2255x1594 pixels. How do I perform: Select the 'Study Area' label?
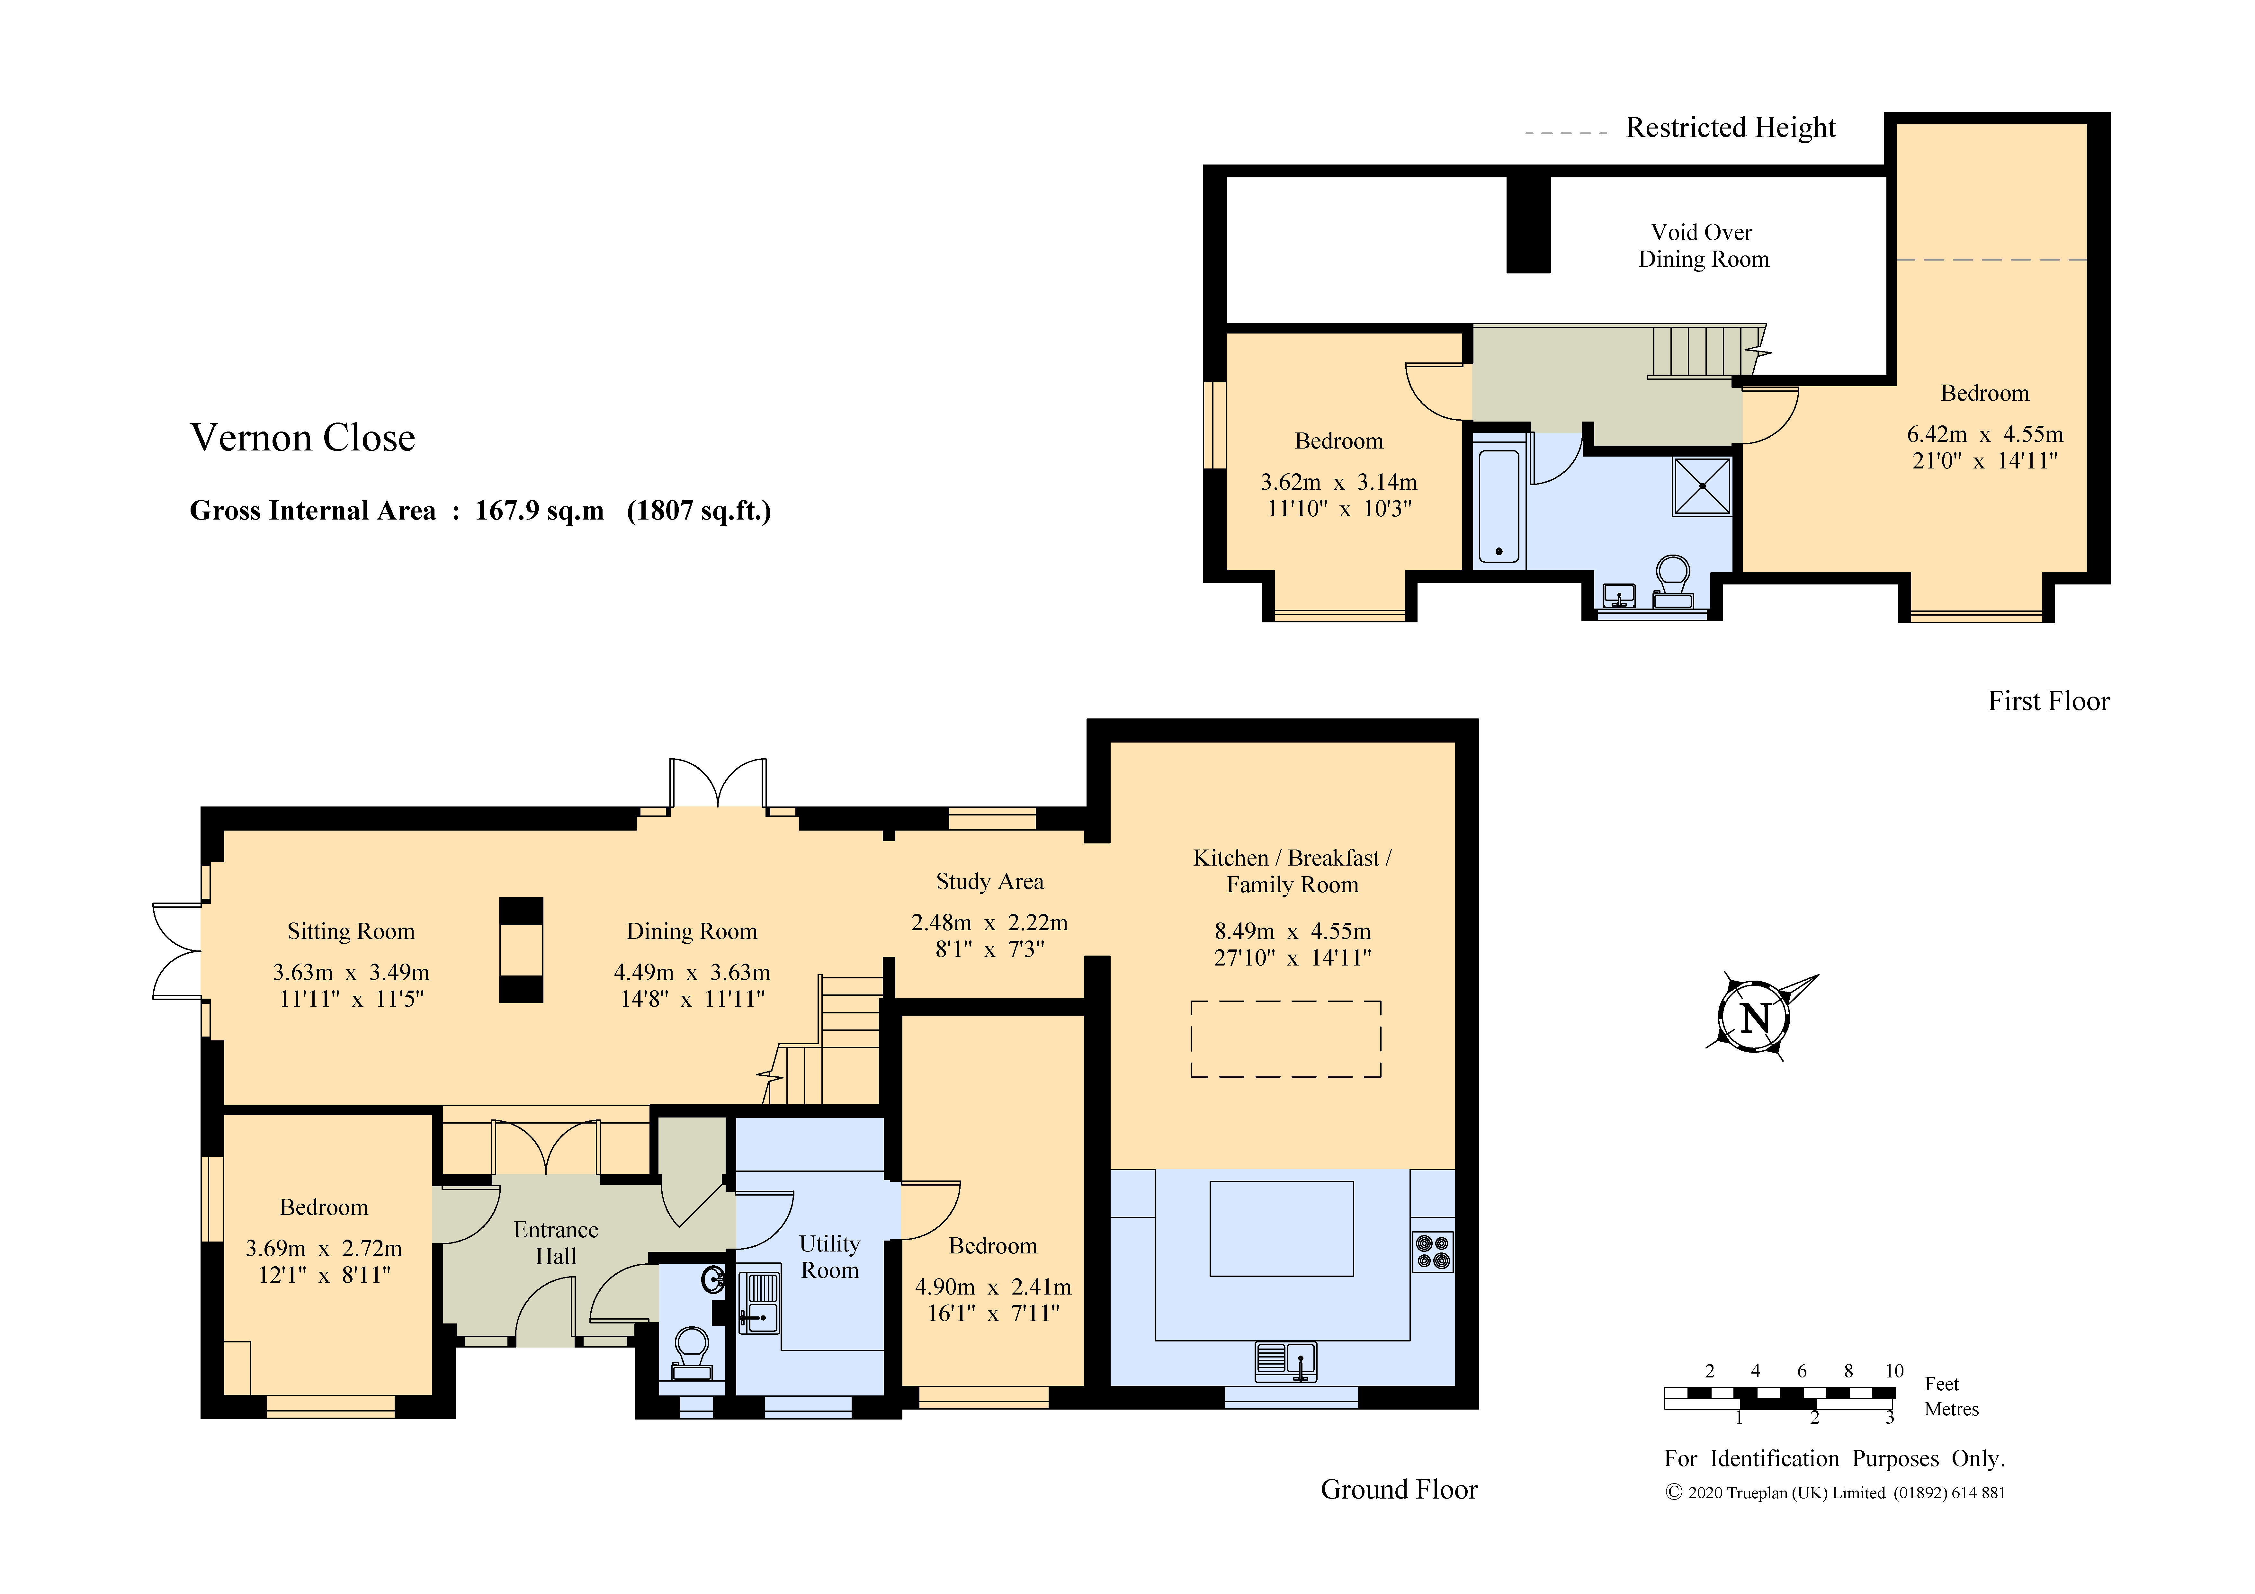(x=989, y=882)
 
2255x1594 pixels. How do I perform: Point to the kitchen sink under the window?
(x=1286, y=1361)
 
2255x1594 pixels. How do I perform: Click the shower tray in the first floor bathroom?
(x=1702, y=486)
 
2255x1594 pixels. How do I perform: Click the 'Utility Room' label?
(x=830, y=1257)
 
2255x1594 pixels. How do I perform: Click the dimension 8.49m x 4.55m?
(x=1293, y=931)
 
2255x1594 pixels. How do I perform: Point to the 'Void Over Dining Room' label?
(x=1703, y=245)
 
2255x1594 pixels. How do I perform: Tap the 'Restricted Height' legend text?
(x=1731, y=128)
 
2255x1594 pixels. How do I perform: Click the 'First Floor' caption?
(x=2049, y=701)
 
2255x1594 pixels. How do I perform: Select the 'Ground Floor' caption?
(x=1399, y=1490)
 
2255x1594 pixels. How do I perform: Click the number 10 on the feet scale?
(x=1894, y=1371)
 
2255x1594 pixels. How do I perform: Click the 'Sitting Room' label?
(x=351, y=932)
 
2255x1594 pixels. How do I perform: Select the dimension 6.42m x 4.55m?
(x=1985, y=434)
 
